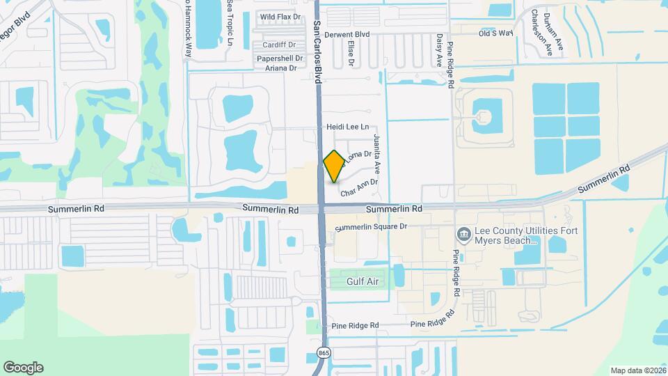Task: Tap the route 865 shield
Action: click(x=324, y=352)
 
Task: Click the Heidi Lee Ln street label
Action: click(x=347, y=127)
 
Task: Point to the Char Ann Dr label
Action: click(x=358, y=183)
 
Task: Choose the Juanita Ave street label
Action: click(x=378, y=153)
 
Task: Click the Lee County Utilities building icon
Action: click(x=463, y=233)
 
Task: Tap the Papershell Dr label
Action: click(x=280, y=58)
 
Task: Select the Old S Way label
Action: click(x=495, y=33)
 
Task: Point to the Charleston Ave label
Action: click(x=541, y=32)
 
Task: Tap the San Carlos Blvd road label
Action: click(x=317, y=52)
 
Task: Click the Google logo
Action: click(x=23, y=367)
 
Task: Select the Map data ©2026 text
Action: click(x=637, y=370)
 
